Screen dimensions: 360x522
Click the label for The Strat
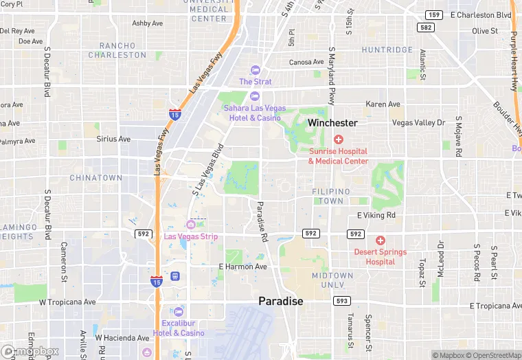pos(255,82)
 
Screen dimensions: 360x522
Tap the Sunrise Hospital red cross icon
pos(338,140)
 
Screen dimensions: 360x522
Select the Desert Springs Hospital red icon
pos(381,240)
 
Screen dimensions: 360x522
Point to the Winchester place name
pos(332,123)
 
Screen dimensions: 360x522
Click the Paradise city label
pos(280,301)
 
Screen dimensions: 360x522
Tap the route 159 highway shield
pos(433,14)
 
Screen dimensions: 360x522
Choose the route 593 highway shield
pos(341,301)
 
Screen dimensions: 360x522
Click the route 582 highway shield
pos(425,27)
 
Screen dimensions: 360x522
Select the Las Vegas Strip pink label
pos(191,237)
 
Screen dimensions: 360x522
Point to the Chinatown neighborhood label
pos(96,178)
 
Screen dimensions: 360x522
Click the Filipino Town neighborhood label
pos(331,196)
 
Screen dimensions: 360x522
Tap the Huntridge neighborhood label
pos(387,50)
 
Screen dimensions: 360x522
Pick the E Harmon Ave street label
pos(242,267)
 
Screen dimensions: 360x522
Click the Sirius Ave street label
pos(113,139)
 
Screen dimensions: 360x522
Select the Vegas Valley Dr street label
pos(418,122)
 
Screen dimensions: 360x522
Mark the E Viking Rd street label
pos(376,215)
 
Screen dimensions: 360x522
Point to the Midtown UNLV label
pos(332,280)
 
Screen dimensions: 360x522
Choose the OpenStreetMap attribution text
pos(490,355)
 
